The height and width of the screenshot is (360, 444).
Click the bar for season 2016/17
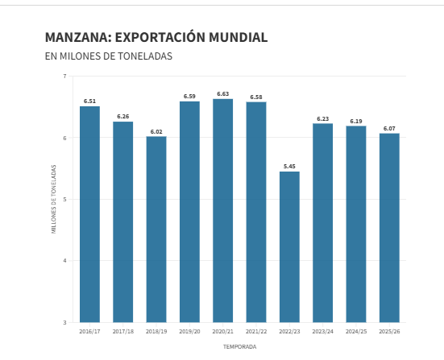[89, 214]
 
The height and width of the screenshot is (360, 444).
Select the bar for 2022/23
[289, 246]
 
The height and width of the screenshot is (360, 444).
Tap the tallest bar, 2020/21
[223, 210]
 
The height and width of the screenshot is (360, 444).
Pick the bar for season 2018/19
[156, 229]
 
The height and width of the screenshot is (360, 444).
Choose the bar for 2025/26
[389, 227]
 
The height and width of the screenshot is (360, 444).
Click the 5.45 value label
[289, 166]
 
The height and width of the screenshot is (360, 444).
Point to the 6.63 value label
[223, 93]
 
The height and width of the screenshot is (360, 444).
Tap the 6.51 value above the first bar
[89, 101]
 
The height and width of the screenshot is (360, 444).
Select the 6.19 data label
[356, 121]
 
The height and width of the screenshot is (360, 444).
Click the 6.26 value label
[123, 116]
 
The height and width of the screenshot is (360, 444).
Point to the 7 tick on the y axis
[64, 77]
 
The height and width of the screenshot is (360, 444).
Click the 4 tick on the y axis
[64, 261]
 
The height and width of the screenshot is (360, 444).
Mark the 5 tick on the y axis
[64, 200]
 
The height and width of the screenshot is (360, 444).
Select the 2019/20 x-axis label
[189, 331]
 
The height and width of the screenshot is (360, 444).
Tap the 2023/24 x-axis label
[322, 331]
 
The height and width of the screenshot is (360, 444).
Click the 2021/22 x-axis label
[256, 331]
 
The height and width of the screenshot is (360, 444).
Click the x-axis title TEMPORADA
[239, 347]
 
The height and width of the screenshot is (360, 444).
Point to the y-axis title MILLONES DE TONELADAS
[54, 199]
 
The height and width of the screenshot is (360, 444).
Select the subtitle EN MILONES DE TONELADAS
[109, 56]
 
